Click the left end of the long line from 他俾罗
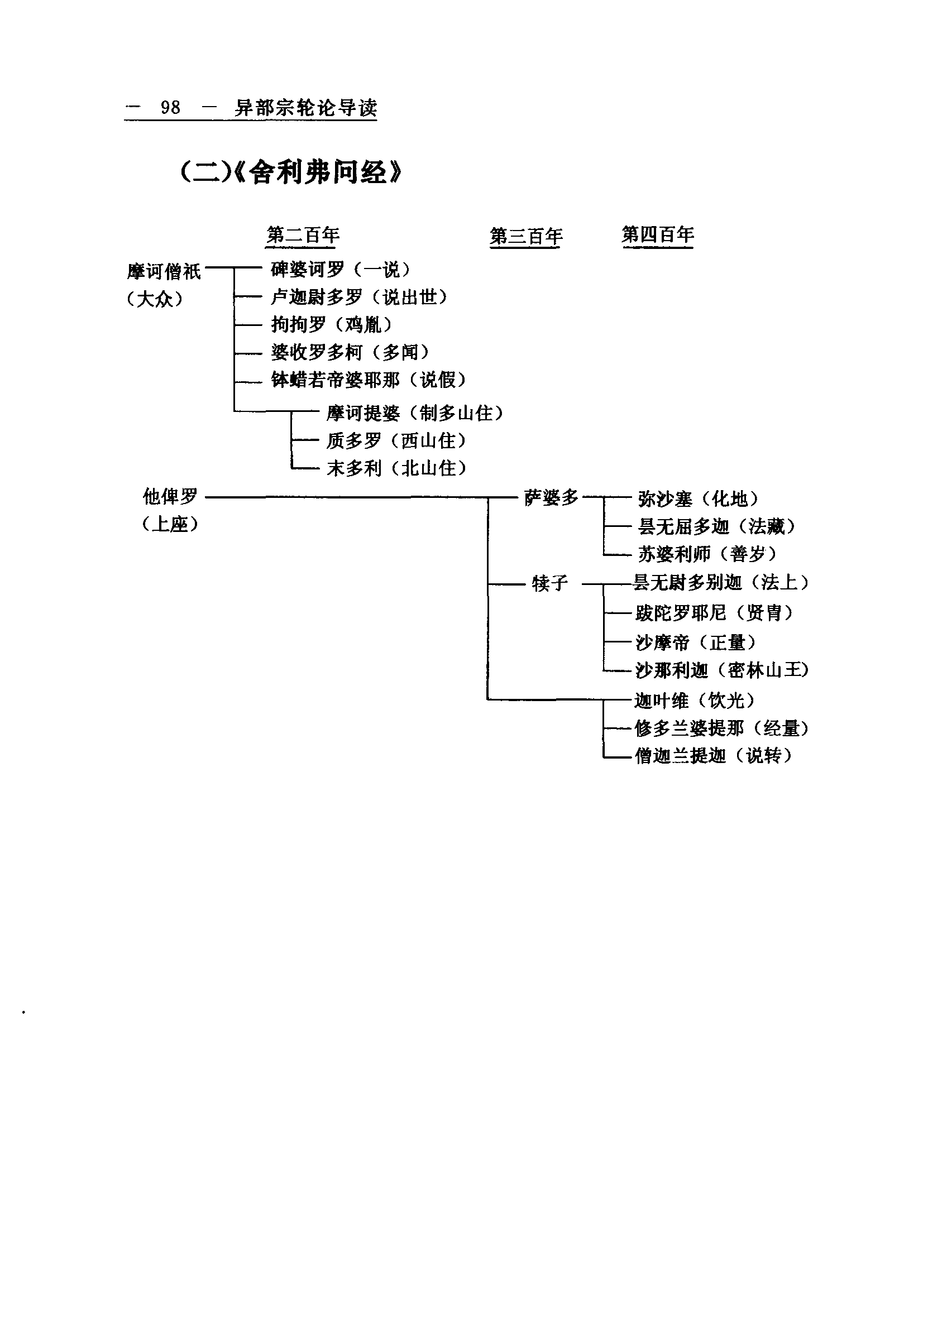tap(206, 497)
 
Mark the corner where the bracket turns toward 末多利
tap(291, 468)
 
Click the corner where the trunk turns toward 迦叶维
tap(487, 699)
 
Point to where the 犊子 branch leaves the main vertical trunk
tap(487, 582)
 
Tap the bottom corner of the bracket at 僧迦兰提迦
tap(604, 757)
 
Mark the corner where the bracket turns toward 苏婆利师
tap(604, 554)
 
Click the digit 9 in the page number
tap(165, 107)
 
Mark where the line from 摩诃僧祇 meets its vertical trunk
tap(234, 267)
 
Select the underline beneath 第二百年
tap(302, 247)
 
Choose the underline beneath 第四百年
tap(658, 247)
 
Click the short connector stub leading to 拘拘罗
tap(248, 324)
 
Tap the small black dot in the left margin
tap(23, 1012)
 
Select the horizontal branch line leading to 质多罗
tap(305, 440)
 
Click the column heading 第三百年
tap(526, 236)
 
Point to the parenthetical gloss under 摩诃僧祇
tap(155, 299)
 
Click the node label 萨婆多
tap(551, 497)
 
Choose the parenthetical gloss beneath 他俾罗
tap(170, 524)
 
